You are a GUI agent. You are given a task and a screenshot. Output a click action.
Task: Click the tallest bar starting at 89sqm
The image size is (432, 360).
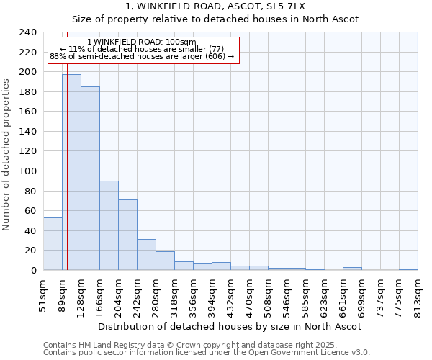pyautogui.click(x=71, y=172)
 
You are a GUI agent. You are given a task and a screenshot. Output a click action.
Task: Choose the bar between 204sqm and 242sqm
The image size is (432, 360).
pyautogui.click(x=127, y=235)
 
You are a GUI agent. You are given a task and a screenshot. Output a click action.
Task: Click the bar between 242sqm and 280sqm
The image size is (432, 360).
pyautogui.click(x=146, y=255)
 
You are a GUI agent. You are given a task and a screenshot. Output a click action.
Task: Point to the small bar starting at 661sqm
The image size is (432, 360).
pyautogui.click(x=352, y=269)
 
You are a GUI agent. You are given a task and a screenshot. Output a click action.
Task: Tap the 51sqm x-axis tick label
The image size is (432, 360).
pyautogui.click(x=44, y=294)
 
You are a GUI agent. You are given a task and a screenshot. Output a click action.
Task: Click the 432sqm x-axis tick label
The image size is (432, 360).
pyautogui.click(x=231, y=296)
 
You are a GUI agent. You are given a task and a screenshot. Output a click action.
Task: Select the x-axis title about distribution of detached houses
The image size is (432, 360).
pyautogui.click(x=229, y=326)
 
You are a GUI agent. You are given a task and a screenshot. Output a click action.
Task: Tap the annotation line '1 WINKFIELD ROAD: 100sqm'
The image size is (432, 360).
pyautogui.click(x=141, y=42)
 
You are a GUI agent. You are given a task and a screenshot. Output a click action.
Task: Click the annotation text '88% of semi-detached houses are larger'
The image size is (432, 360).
pyautogui.click(x=141, y=56)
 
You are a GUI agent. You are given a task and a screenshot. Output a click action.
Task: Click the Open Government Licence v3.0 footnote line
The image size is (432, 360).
pyautogui.click(x=206, y=353)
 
